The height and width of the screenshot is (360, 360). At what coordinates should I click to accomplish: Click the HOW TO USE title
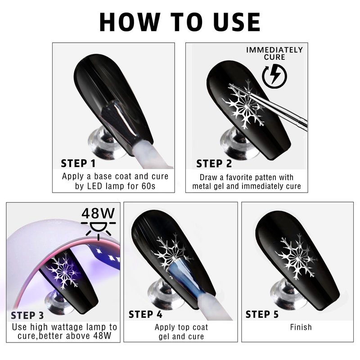pyautogui.click(x=180, y=22)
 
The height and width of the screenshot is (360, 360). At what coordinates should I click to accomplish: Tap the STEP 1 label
pyautogui.click(x=78, y=163)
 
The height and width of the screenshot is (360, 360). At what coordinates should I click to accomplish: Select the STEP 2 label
pyautogui.click(x=214, y=163)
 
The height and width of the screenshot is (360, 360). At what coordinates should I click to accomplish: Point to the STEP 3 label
pyautogui.click(x=27, y=315)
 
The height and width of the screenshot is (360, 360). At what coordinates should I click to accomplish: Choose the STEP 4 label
pyautogui.click(x=145, y=314)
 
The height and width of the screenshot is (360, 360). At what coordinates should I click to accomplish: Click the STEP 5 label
pyautogui.click(x=262, y=314)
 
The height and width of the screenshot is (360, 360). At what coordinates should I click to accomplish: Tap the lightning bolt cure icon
pyautogui.click(x=274, y=76)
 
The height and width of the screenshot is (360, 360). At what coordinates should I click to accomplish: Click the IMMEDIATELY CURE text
pyautogui.click(x=274, y=54)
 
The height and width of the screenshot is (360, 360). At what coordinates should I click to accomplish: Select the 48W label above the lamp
pyautogui.click(x=98, y=213)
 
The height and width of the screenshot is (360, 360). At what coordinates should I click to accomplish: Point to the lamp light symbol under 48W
pyautogui.click(x=98, y=229)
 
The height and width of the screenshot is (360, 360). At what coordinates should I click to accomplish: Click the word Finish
pyautogui.click(x=301, y=327)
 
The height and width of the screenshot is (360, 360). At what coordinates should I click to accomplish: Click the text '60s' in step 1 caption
pyautogui.click(x=148, y=186)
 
